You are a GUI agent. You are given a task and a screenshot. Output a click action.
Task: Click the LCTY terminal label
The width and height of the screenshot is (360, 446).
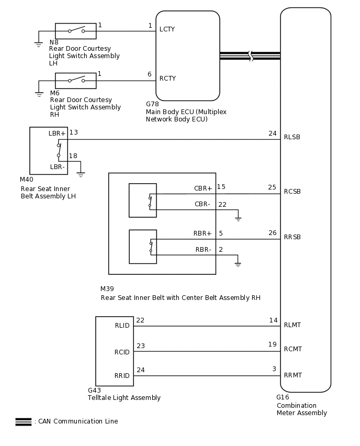click(x=167, y=29)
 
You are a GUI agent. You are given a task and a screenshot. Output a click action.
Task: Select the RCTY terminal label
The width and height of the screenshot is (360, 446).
click(x=167, y=79)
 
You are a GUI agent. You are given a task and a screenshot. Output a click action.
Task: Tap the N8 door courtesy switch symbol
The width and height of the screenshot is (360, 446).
click(x=76, y=31)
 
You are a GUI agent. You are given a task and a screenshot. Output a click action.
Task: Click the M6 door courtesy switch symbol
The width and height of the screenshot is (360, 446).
click(x=76, y=81)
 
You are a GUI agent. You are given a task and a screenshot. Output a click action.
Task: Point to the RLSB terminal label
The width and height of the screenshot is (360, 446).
click(x=292, y=137)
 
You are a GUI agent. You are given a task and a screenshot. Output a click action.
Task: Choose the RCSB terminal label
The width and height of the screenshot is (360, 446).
click(x=292, y=192)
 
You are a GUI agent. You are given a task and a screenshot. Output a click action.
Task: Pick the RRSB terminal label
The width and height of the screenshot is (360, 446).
click(x=292, y=237)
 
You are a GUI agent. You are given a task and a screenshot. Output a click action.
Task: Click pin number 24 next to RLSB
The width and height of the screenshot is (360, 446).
click(x=272, y=133)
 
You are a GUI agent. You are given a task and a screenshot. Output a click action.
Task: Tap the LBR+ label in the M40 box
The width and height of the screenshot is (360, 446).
click(x=57, y=133)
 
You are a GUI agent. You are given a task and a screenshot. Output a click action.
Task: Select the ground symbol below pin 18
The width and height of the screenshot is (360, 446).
click(x=81, y=174)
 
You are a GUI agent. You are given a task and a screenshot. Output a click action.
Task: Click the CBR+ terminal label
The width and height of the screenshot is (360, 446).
click(x=203, y=188)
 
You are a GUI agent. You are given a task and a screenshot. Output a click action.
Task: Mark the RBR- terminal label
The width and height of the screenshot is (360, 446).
click(x=204, y=250)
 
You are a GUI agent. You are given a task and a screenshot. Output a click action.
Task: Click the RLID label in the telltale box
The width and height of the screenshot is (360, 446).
click(x=122, y=326)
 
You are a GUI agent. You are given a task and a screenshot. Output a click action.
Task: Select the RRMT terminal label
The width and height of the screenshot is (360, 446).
click(x=292, y=375)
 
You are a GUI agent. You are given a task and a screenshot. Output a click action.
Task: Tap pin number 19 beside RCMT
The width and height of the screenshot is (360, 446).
click(x=272, y=344)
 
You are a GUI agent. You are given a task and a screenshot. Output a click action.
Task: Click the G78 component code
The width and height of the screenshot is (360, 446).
click(x=152, y=104)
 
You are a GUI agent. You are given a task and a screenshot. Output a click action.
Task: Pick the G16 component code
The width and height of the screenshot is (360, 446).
click(x=283, y=397)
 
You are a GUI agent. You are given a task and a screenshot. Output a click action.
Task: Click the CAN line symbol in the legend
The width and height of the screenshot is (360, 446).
click(x=24, y=421)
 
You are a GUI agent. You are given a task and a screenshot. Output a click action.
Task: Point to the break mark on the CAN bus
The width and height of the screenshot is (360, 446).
click(x=251, y=55)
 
